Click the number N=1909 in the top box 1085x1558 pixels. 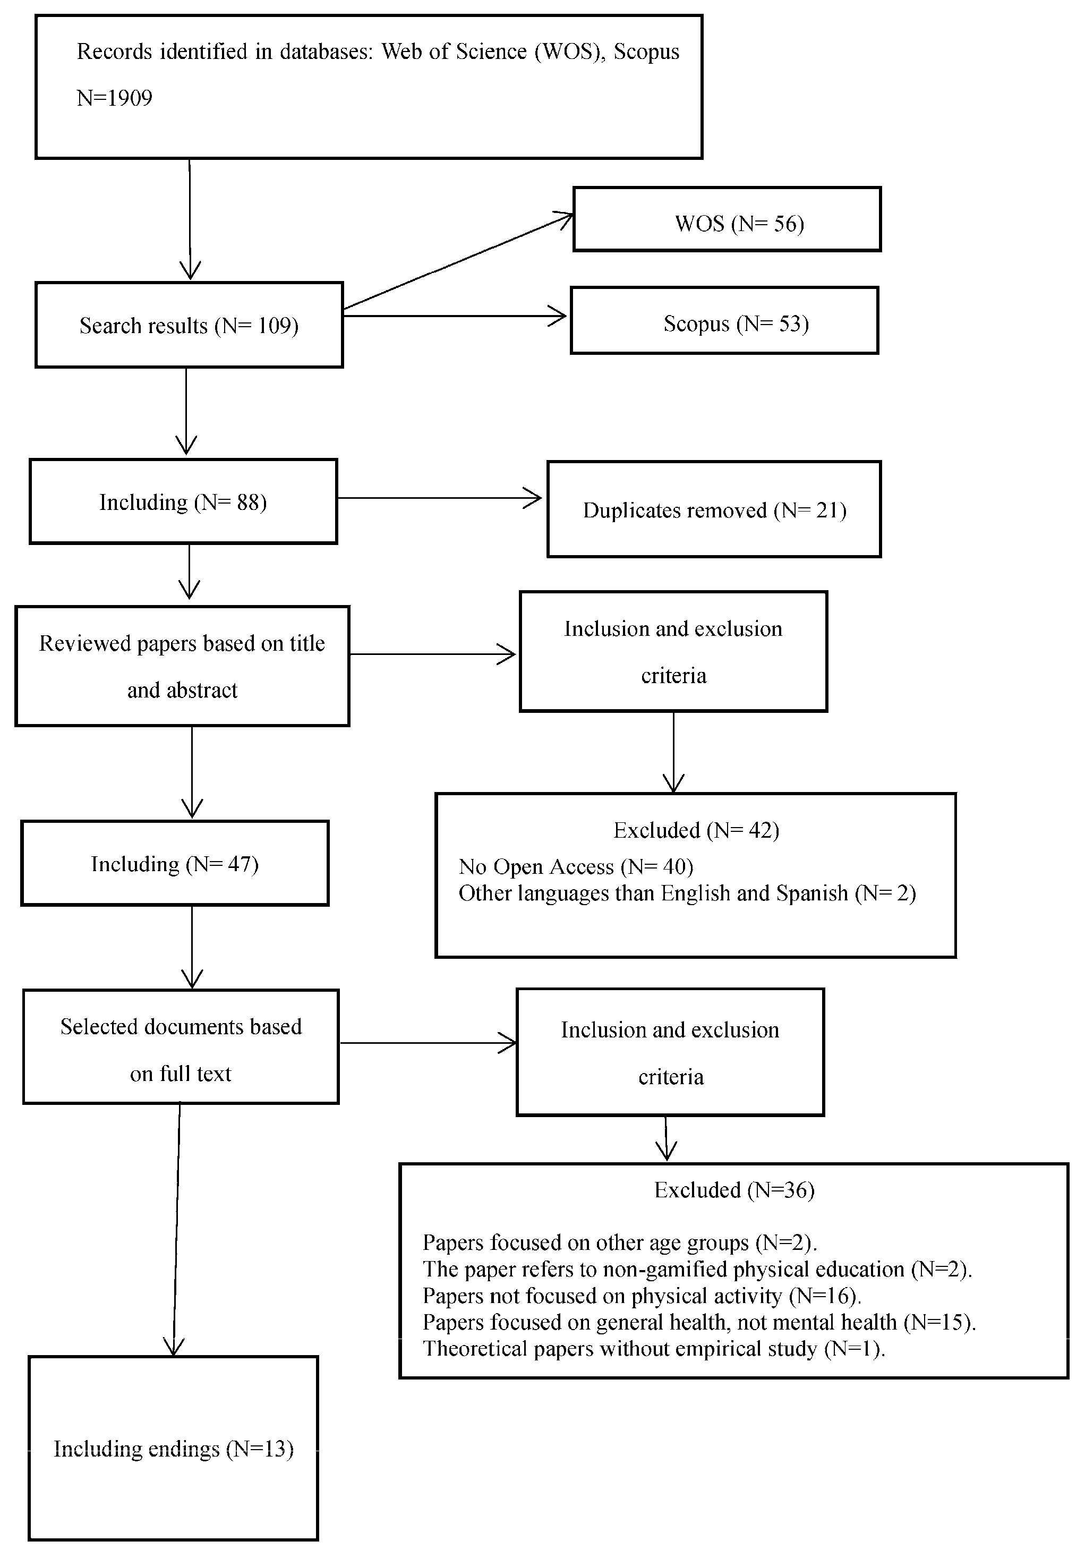[114, 98]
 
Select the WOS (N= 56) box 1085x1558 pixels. [727, 220]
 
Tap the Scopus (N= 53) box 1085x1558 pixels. [724, 320]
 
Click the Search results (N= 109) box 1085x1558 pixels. [189, 325]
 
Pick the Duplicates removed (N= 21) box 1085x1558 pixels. [714, 509]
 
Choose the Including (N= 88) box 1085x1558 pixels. [183, 501]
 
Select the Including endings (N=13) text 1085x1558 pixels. [173, 1449]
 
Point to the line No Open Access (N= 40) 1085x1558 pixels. [575, 866]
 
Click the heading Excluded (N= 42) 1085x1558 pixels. [696, 830]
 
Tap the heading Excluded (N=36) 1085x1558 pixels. [733, 1189]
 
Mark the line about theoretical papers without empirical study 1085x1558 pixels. [653, 1348]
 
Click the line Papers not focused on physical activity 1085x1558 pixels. [641, 1296]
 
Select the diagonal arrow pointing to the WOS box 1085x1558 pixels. [458, 262]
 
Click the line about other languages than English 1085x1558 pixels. [687, 893]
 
